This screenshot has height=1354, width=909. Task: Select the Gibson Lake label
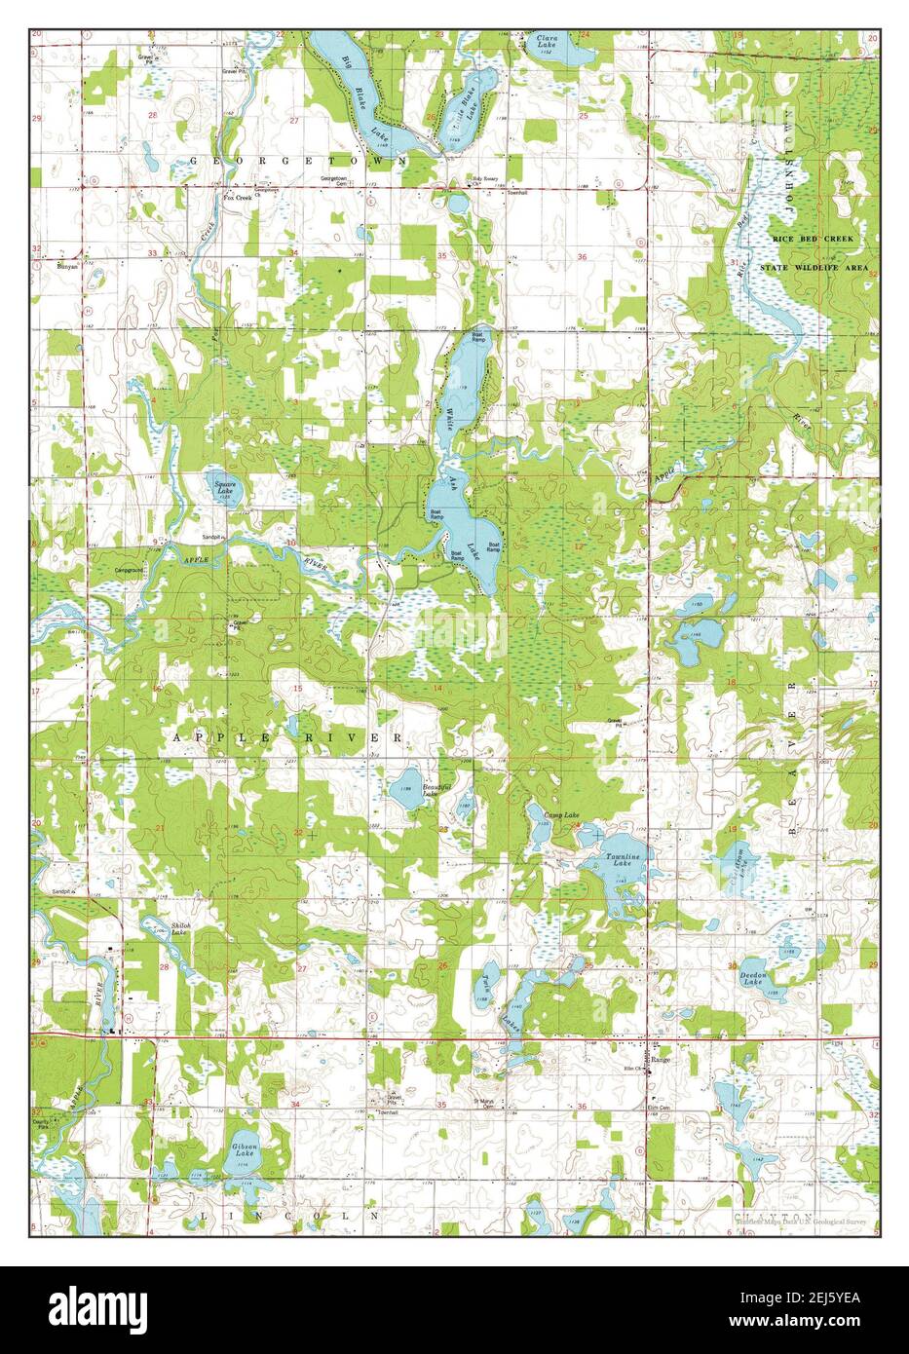click(x=246, y=1150)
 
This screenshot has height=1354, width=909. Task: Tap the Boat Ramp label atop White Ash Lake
click(x=478, y=338)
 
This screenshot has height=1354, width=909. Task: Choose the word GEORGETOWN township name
click(x=297, y=159)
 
